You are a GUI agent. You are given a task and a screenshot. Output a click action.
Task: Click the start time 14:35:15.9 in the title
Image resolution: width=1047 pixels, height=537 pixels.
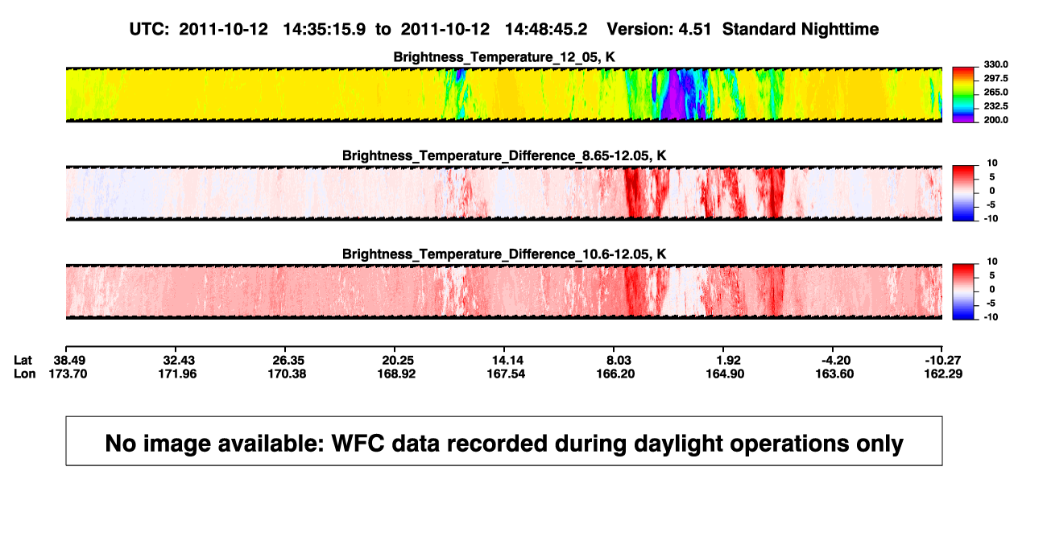point(325,29)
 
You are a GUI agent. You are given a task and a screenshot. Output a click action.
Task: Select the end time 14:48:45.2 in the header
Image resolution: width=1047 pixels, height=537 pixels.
point(546,29)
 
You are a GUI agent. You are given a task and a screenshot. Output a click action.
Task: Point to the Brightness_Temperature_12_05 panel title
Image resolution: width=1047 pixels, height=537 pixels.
point(504,57)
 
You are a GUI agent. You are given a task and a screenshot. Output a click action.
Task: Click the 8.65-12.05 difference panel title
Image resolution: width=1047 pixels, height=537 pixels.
point(504,155)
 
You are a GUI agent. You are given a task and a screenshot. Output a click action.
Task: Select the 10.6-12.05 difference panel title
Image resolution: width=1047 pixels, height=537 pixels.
point(504,254)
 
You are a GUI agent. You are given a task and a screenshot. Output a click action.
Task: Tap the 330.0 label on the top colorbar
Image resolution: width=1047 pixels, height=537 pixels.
point(995,64)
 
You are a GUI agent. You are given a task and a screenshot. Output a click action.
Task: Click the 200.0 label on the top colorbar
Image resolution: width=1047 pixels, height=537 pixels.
point(995,120)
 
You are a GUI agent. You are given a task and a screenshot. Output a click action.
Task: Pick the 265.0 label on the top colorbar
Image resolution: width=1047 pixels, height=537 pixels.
point(995,92)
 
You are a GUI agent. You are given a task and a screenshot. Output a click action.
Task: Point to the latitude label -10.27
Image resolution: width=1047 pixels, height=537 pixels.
point(943,361)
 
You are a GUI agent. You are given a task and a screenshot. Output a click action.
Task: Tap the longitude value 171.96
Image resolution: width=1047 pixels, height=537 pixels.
point(177,374)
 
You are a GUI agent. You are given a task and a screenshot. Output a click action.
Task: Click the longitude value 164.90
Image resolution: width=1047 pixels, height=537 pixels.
point(725,374)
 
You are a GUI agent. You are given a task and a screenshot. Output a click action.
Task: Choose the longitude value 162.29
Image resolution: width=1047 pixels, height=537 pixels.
point(943,374)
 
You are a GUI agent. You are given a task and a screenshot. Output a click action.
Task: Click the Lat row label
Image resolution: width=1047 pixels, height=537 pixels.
point(23,361)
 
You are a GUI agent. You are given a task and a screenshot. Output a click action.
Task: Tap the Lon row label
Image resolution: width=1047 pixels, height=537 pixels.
point(24,374)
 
